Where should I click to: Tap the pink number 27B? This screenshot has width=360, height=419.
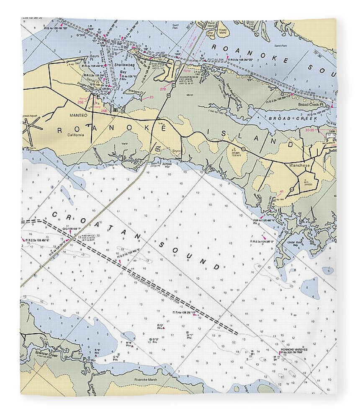click(163, 89)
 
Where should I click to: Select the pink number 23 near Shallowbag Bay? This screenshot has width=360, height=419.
click(151, 97)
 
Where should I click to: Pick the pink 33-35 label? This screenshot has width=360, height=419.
click(310, 130)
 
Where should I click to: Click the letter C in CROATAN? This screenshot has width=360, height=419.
click(54, 215)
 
